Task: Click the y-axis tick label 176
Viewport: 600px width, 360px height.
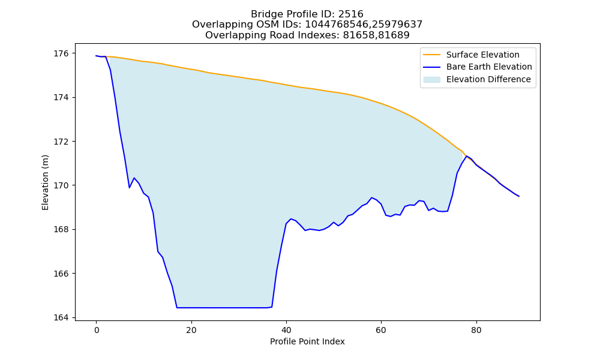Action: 61,53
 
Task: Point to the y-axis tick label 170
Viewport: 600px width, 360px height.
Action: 61,185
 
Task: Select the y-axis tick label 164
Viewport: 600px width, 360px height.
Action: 61,318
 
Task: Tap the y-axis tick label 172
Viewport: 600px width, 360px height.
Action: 61,142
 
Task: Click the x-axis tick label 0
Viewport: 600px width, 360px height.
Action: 97,330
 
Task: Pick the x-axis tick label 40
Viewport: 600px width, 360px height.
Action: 286,330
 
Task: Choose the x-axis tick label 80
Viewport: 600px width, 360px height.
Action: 476,330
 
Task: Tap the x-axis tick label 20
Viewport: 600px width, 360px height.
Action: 191,330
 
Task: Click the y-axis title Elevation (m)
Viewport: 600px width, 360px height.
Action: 45,182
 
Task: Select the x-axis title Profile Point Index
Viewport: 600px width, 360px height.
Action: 307,341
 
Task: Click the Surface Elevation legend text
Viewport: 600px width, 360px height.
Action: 482,55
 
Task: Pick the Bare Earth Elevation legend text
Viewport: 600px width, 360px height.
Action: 489,67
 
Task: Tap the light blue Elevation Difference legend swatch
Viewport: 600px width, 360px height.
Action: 431,80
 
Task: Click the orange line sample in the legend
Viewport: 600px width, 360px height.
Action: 431,55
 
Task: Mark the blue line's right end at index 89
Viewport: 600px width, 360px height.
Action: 519,196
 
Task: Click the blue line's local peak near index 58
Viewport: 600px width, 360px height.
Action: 371,197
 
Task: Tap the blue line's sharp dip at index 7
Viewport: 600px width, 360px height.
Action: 130,188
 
